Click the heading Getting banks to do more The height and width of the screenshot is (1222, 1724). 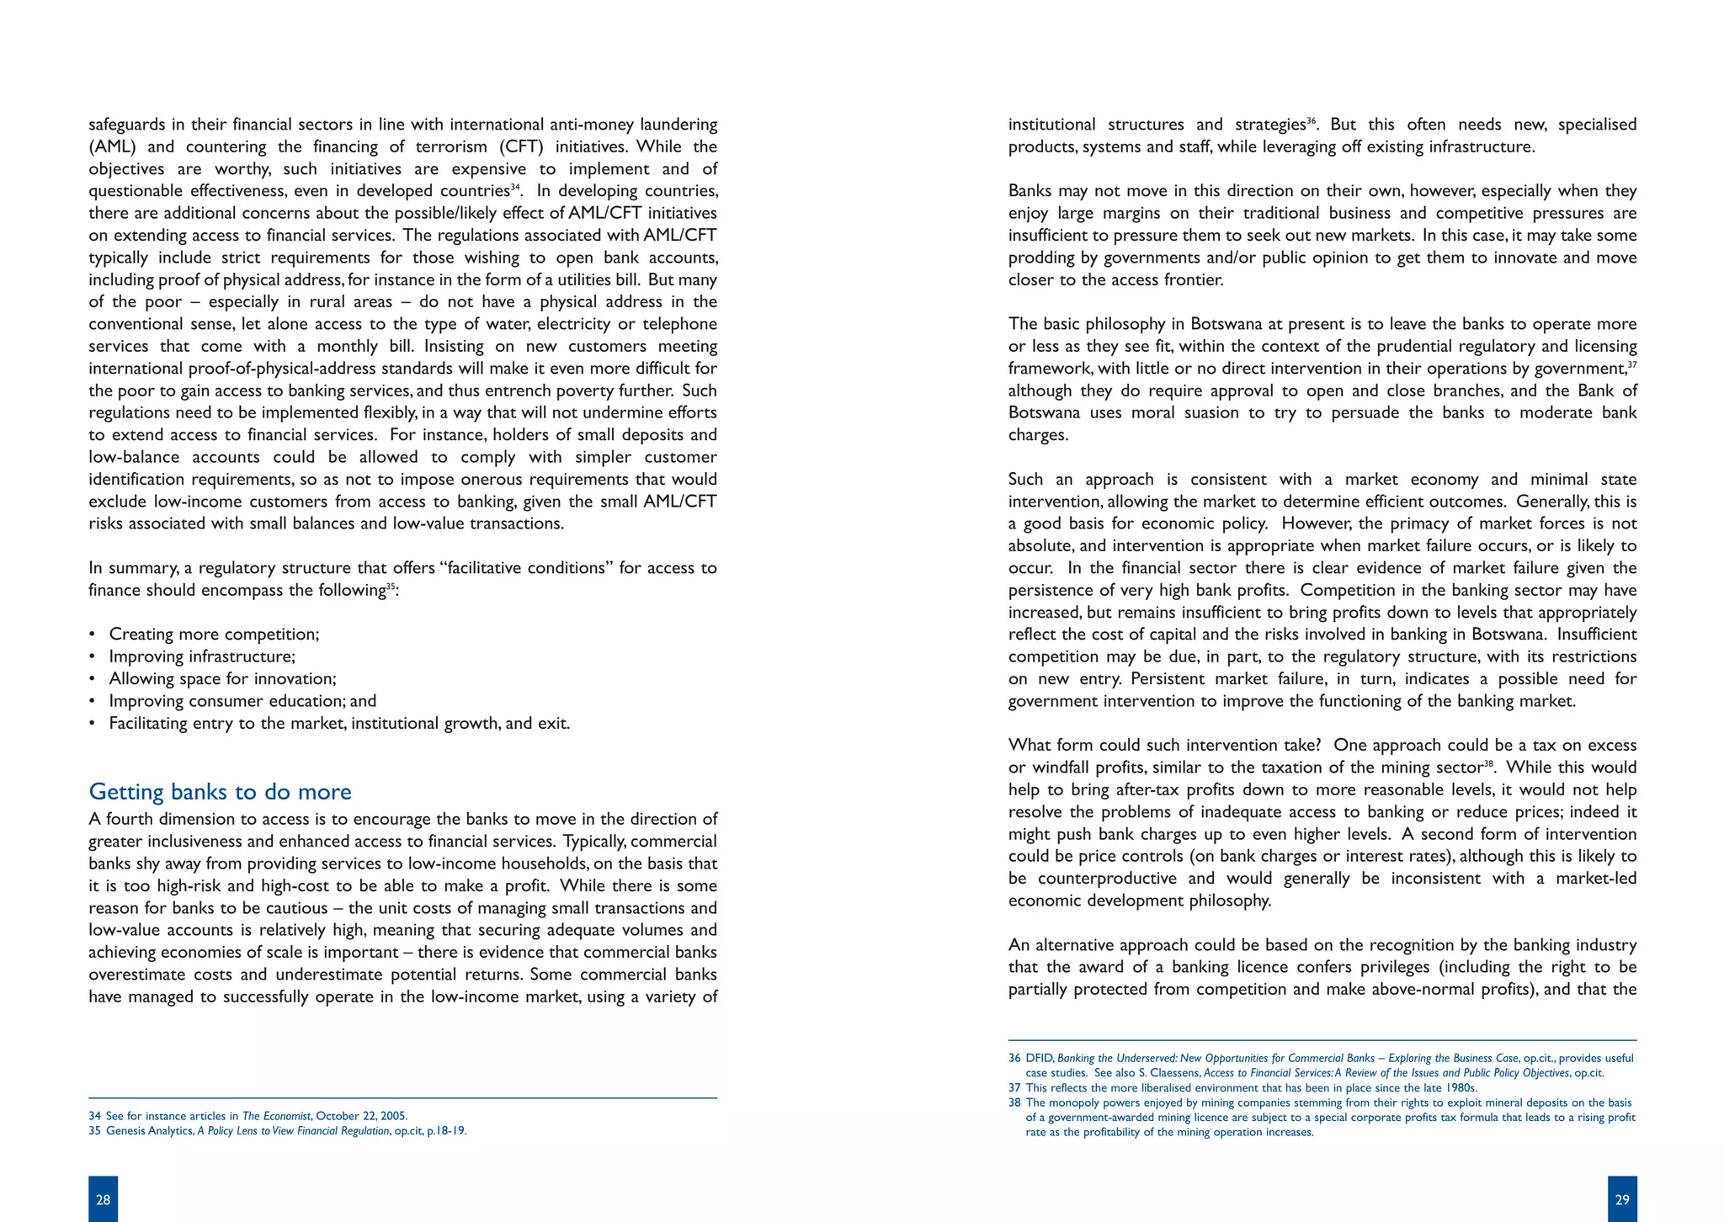tap(220, 792)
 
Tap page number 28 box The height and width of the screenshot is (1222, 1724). tap(103, 1199)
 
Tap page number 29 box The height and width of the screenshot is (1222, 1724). tap(1622, 1199)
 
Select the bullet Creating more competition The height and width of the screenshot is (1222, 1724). tap(214, 635)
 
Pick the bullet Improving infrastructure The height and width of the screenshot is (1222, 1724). tap(202, 656)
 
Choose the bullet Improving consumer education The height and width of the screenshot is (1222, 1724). tap(242, 701)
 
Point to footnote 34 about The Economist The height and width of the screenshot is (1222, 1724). tap(248, 1116)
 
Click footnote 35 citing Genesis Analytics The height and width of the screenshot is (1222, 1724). tap(278, 1131)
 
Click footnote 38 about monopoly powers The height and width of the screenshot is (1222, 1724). tap(1322, 1118)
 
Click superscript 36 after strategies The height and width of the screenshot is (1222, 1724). tap(1312, 121)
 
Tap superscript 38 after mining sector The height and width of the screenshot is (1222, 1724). tap(1488, 763)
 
